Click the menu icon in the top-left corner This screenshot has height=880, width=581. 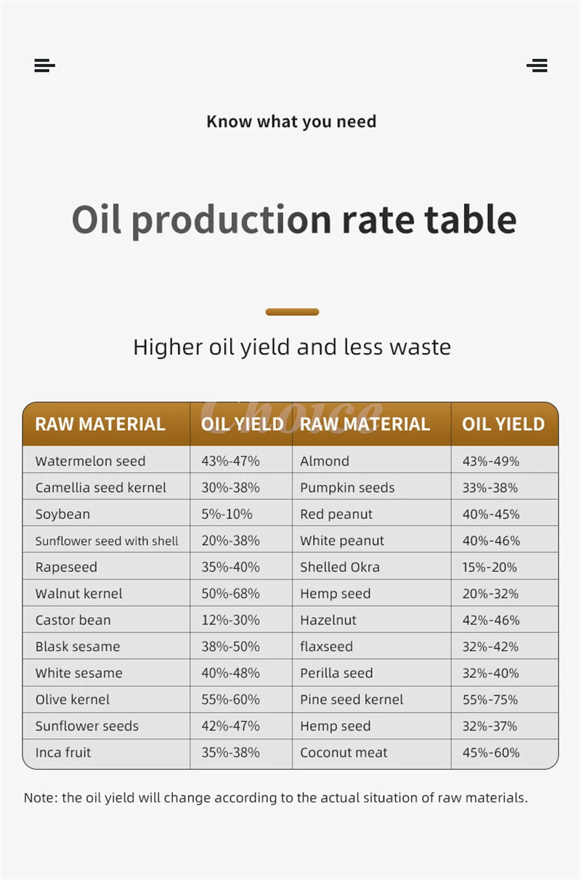(x=44, y=65)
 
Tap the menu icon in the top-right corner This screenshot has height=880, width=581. (x=537, y=65)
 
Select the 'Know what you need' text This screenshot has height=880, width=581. (x=291, y=121)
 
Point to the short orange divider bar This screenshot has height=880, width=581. (x=292, y=312)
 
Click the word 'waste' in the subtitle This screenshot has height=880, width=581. (x=420, y=347)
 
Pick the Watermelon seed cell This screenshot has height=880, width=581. (x=90, y=461)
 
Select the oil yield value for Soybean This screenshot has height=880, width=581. (x=227, y=514)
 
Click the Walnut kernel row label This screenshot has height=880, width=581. (x=78, y=594)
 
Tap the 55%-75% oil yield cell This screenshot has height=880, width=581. (x=490, y=700)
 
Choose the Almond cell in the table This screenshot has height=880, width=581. (x=325, y=461)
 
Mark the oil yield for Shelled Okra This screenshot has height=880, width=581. (x=490, y=567)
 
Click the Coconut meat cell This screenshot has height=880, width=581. (x=344, y=753)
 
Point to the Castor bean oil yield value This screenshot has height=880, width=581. (x=230, y=620)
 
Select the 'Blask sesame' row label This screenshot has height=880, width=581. (x=78, y=647)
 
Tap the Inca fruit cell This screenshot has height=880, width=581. (x=63, y=753)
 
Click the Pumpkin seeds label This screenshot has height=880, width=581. (x=347, y=488)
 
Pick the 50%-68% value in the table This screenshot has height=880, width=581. (x=230, y=594)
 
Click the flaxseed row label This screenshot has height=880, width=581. (x=326, y=647)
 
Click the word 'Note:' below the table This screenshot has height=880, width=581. (x=41, y=798)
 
